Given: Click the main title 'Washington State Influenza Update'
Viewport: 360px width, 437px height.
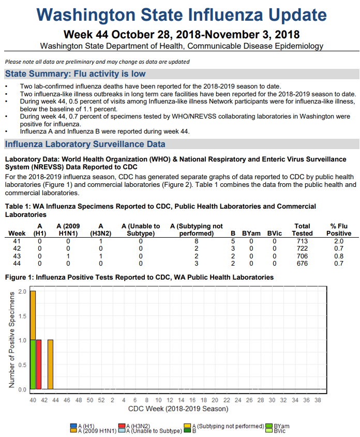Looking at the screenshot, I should (x=182, y=16).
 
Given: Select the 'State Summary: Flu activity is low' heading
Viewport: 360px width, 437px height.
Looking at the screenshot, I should (x=75, y=74).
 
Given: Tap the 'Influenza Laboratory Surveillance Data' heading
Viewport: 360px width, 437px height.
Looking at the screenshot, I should (x=85, y=144).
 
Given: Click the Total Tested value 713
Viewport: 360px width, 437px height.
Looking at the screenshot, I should (x=302, y=241).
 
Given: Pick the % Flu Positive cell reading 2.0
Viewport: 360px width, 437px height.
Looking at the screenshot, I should (x=338, y=241).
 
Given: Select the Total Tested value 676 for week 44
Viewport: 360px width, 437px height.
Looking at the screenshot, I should (x=302, y=264).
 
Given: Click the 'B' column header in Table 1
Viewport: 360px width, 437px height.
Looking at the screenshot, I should (x=233, y=234).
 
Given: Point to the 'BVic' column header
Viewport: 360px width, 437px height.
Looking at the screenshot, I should (x=275, y=234).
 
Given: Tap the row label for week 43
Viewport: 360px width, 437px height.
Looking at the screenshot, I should (x=17, y=256).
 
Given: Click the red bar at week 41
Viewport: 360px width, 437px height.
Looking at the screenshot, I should (x=39, y=365).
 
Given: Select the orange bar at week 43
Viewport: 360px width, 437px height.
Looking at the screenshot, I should (x=50, y=365).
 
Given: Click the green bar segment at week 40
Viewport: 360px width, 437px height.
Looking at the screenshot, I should (x=33, y=365).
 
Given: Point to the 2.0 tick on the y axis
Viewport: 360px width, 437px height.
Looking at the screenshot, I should (x=22, y=292).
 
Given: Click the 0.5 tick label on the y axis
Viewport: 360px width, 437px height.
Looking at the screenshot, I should (x=22, y=365).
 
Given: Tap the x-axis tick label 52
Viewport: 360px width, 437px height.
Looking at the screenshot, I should (x=101, y=400).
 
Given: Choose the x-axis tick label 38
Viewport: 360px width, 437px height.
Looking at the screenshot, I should (x=317, y=400).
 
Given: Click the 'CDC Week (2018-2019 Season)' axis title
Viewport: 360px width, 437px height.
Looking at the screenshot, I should (x=178, y=409).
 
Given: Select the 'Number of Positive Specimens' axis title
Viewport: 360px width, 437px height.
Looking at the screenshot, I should (x=11, y=340).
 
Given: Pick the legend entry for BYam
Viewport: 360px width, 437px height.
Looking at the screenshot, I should (x=281, y=426).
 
